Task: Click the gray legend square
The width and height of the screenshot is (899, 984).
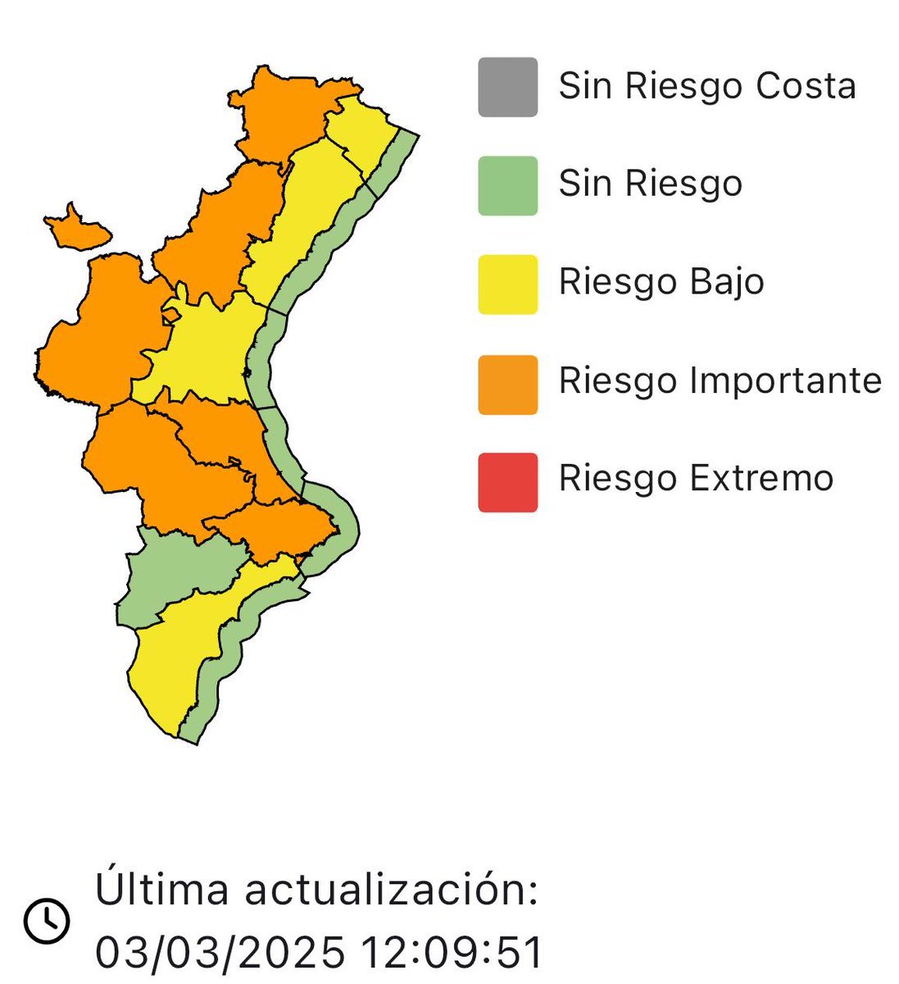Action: coord(508,87)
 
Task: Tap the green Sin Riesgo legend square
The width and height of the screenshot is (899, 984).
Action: coord(508,185)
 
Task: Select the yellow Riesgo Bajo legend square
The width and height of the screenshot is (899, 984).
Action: coord(508,285)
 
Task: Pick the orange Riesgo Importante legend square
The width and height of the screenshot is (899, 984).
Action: coord(508,384)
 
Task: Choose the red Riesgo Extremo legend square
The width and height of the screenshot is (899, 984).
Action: coord(508,482)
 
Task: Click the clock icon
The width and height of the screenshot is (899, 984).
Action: coord(47,920)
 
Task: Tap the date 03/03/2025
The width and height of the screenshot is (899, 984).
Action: coord(220,953)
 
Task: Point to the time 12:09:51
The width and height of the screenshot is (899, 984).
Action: coord(452,953)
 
